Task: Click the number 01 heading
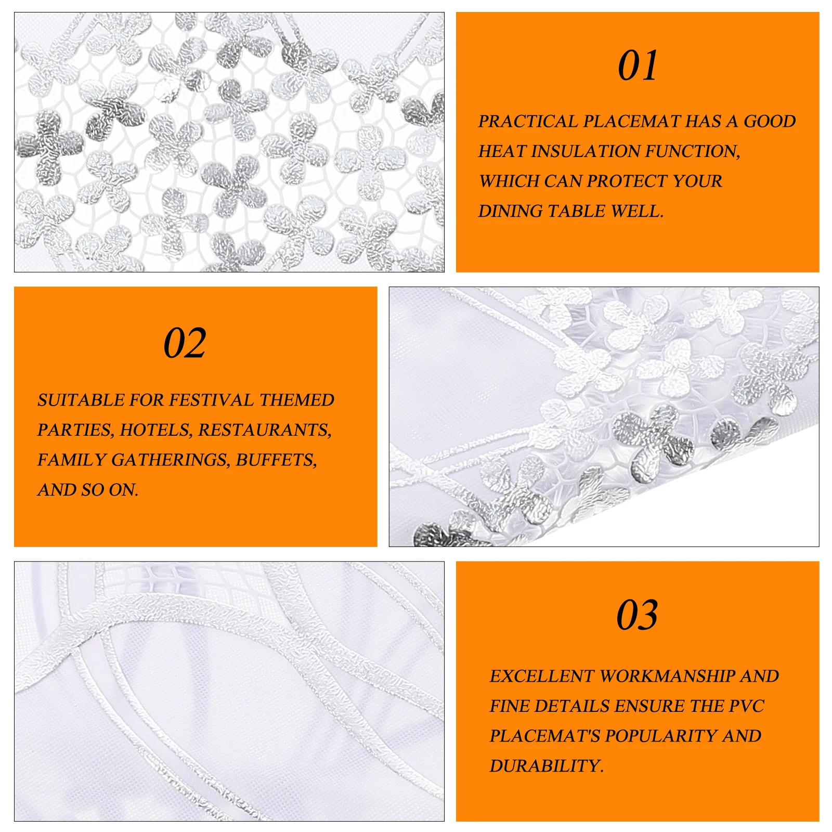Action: click(638, 66)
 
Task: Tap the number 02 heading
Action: click(185, 343)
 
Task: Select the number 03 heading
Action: click(637, 615)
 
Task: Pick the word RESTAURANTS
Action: click(265, 430)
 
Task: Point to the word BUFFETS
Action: click(276, 460)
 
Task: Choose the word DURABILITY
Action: click(546, 766)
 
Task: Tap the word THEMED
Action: click(296, 400)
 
